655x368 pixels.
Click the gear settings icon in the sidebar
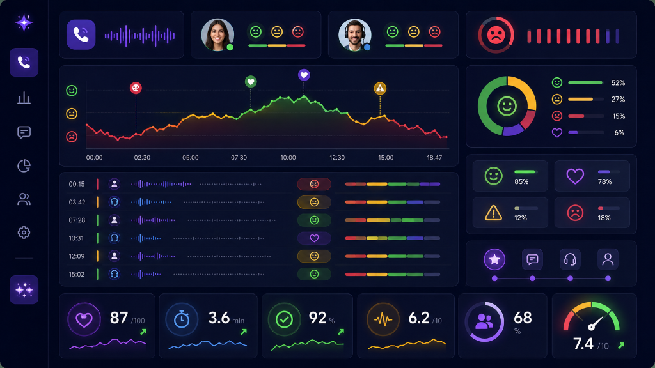(24, 233)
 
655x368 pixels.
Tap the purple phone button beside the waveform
(81, 34)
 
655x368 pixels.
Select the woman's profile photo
(217, 34)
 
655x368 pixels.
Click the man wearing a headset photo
(354, 34)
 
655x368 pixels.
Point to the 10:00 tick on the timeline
(288, 158)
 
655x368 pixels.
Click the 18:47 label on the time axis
(434, 158)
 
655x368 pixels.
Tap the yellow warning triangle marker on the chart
(380, 88)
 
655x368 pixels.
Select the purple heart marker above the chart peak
(304, 75)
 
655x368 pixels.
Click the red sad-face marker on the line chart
(136, 88)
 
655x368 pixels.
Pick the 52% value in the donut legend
(618, 83)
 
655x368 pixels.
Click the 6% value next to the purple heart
(619, 133)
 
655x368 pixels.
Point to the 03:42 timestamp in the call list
(77, 203)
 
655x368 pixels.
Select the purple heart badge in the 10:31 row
(314, 238)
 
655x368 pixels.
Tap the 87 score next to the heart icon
(118, 318)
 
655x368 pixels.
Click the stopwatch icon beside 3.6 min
(182, 319)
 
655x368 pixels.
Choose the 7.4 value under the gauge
(583, 344)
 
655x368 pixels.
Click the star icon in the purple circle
(494, 259)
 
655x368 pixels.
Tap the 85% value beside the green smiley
(521, 182)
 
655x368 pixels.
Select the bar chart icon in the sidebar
(24, 98)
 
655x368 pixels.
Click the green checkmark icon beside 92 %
(285, 319)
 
